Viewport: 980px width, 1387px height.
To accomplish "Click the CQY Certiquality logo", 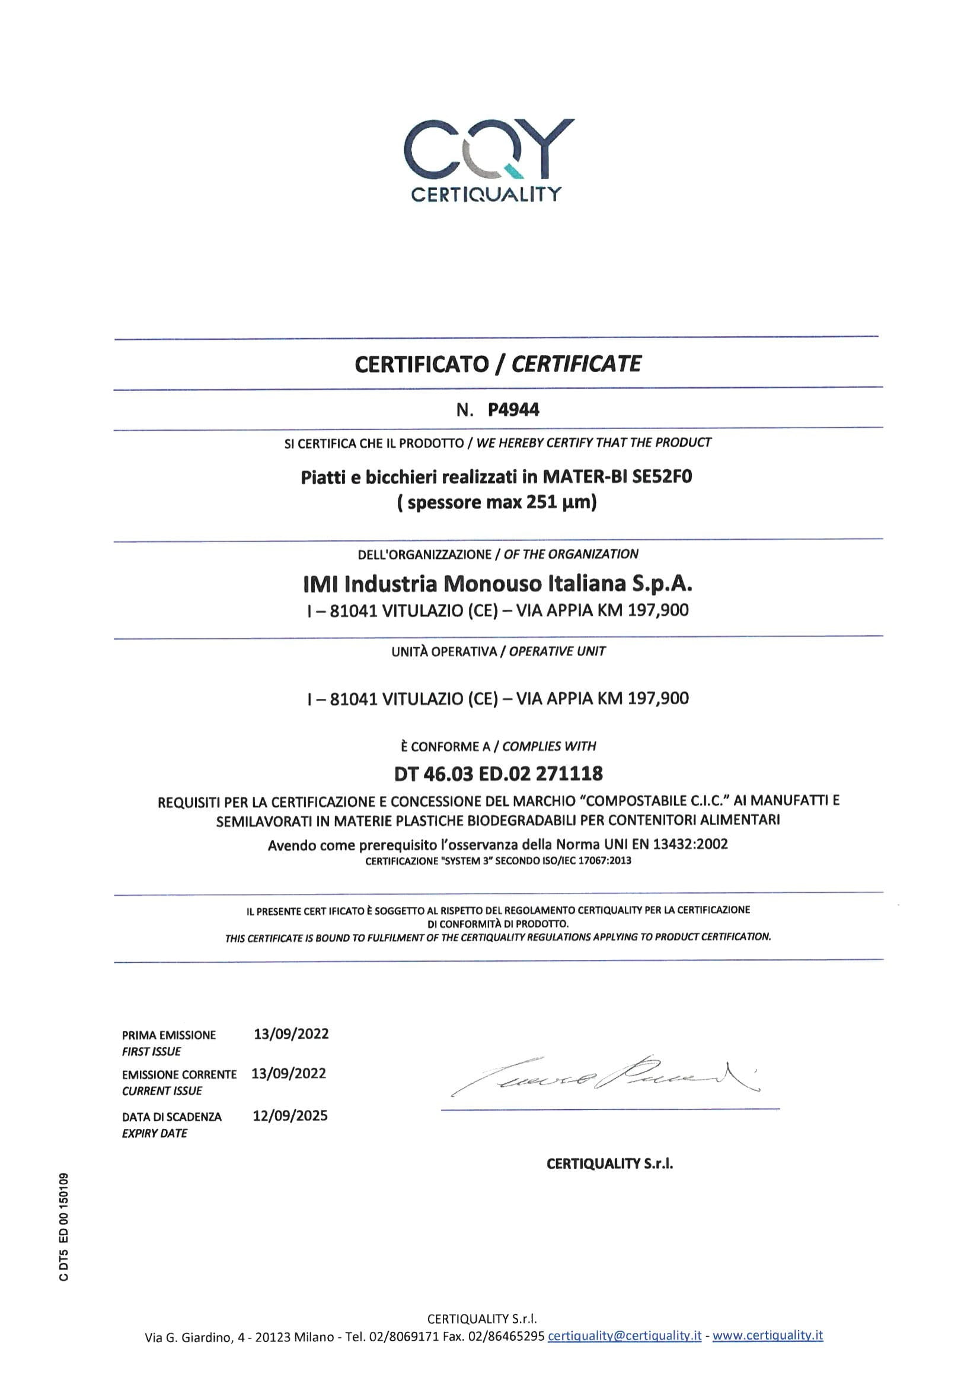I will (x=489, y=160).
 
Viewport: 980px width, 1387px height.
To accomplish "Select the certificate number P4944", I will (x=513, y=410).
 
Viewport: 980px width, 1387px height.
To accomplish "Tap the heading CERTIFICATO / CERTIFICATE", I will (x=497, y=364).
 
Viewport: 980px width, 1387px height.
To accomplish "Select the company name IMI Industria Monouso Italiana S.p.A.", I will (x=497, y=584).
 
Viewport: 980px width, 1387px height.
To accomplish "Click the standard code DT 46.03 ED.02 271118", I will (x=498, y=773).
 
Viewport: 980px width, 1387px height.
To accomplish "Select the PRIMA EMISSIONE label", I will (x=168, y=1035).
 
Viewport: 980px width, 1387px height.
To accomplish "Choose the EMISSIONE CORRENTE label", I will (x=178, y=1075).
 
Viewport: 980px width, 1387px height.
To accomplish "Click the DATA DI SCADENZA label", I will (x=171, y=1117).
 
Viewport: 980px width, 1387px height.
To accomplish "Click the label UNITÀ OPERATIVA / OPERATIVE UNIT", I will (x=497, y=651).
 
